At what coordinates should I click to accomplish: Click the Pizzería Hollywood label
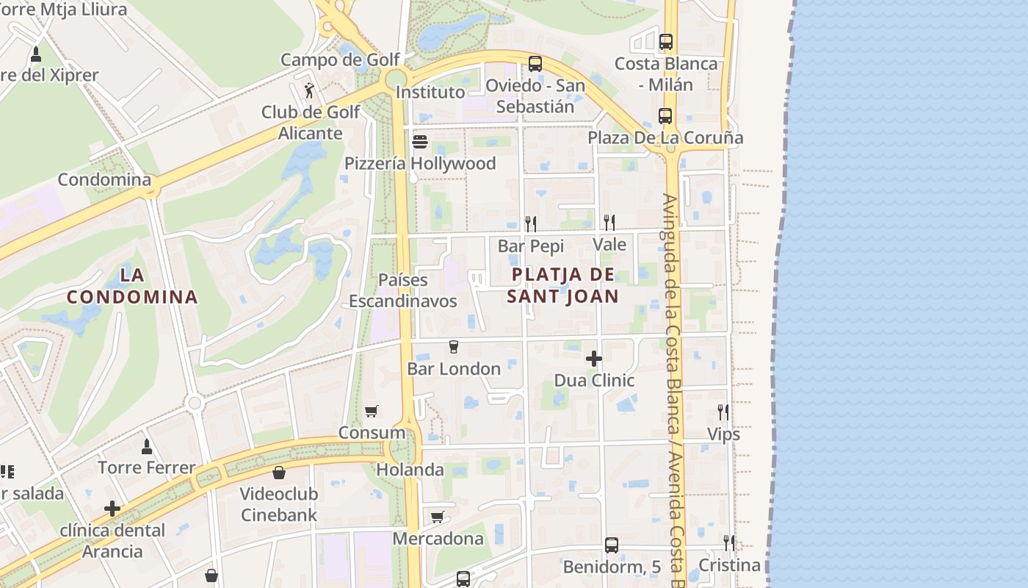coord(420,163)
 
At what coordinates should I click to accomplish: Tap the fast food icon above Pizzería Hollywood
coord(420,141)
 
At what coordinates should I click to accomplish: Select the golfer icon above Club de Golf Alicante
coord(310,91)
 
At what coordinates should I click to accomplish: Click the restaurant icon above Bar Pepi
coord(530,223)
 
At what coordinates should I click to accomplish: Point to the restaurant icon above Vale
coord(609,222)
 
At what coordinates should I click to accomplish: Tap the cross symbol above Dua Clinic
coord(594,359)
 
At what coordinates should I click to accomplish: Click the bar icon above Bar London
coord(453,347)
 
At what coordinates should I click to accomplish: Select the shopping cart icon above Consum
coord(372,412)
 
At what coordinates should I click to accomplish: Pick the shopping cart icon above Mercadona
coord(438,517)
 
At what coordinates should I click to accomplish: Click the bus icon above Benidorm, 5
coord(612,545)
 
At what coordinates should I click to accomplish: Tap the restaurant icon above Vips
coord(723,412)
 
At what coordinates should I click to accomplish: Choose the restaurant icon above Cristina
coord(728,543)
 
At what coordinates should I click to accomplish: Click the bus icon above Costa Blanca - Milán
coord(666,42)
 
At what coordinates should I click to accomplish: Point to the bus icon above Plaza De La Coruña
coord(665,116)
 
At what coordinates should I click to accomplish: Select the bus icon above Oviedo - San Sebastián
coord(535,64)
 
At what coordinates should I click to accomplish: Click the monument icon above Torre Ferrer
coord(147,446)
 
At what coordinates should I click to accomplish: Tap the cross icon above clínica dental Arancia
coord(112,509)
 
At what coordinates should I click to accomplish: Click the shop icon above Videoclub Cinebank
coord(278,472)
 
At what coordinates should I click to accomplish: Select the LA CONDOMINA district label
coord(132,287)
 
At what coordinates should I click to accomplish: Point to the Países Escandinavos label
coord(402,290)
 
